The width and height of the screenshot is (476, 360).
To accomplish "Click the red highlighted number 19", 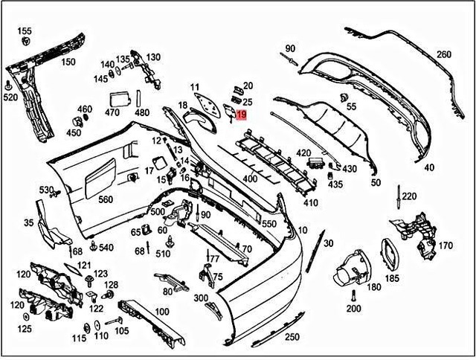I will [x=242, y=115].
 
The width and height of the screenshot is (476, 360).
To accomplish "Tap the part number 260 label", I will [x=443, y=55].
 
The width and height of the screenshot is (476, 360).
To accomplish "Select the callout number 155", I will [x=25, y=30].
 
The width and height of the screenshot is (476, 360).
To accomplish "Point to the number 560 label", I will [x=106, y=199].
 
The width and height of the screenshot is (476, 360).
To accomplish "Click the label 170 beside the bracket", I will [x=445, y=245].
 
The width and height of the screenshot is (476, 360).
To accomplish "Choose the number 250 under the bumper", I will [x=273, y=337].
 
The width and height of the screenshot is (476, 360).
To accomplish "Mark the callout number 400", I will [x=250, y=179].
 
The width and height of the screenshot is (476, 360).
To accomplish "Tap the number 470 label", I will [x=112, y=113].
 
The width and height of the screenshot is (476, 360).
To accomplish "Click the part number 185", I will [x=392, y=278].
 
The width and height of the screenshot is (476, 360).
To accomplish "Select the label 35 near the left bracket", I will [x=29, y=222].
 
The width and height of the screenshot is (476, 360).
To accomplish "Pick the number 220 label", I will [x=409, y=196].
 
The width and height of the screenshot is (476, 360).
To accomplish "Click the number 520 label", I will [x=10, y=97].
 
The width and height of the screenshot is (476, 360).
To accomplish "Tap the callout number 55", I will [x=351, y=107].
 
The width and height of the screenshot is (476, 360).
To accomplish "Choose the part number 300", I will [x=201, y=298].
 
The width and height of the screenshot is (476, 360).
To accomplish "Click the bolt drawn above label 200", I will [x=353, y=295].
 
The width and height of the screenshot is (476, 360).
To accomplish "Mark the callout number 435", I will [x=335, y=184].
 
